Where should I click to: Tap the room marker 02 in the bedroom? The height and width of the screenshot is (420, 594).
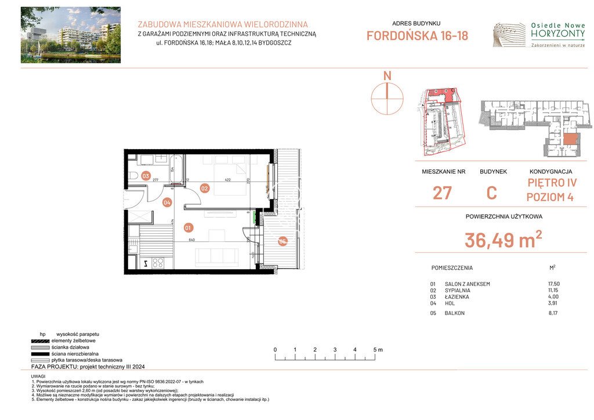tap(204, 188)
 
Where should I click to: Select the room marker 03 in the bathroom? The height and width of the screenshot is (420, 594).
tap(146, 176)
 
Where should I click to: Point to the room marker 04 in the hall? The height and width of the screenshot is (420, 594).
tap(167, 202)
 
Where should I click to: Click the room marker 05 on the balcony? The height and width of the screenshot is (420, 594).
tap(282, 242)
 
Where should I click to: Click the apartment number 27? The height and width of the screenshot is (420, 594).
tap(442, 193)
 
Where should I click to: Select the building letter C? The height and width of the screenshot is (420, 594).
tap(491, 193)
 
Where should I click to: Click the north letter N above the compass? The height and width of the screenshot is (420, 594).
tap(387, 76)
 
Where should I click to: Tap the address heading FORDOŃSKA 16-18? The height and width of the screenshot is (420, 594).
tap(417, 36)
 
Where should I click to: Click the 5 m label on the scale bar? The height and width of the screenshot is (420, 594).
tap(378, 350)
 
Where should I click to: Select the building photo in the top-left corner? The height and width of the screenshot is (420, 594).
tap(71, 35)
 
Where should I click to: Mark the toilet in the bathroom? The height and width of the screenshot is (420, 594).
tap(133, 175)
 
